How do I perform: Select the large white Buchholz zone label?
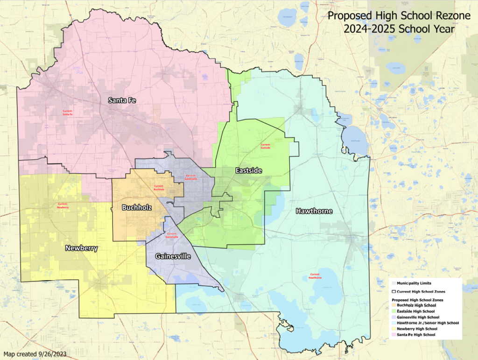[136, 207]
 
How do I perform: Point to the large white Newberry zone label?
[81, 248]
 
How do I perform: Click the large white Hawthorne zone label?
[314, 212]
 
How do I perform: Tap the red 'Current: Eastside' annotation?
[266, 146]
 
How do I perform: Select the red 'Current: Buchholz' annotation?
[159, 188]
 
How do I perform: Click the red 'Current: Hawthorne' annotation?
[316, 276]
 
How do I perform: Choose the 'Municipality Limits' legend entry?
[413, 283]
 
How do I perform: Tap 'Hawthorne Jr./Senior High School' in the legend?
[425, 323]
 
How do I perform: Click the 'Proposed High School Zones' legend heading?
[417, 299]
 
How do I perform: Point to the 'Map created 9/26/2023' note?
[35, 354]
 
